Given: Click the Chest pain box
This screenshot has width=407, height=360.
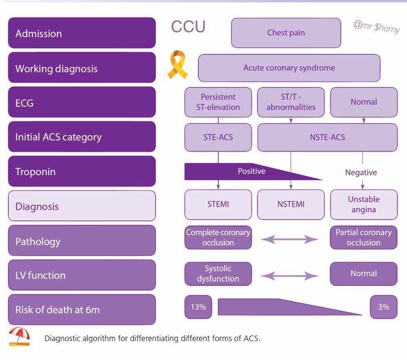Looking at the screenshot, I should point(286,33).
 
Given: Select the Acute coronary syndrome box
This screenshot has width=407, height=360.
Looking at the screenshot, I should point(289,68).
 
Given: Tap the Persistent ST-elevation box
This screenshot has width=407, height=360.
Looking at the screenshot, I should point(218,102).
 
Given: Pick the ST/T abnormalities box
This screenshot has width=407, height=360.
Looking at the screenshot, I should point(291,102).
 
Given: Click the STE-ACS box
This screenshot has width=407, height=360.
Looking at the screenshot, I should point(218,137).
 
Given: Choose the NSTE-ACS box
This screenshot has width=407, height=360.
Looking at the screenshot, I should point(327,137).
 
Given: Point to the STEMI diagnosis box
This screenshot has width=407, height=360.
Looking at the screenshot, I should point(218,205).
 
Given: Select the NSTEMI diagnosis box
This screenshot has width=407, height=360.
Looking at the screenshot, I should point(291,205).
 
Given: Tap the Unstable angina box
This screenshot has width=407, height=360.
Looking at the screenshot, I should point(364,205).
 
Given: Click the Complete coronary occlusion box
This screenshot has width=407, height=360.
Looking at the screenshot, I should point(218,238).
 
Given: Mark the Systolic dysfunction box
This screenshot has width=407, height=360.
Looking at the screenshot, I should point(218,274).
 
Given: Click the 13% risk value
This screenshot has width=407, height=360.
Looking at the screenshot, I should point(198,307).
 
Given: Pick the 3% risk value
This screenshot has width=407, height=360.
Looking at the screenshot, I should point(383,307).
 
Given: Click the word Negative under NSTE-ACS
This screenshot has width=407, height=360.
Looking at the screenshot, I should point(361,172).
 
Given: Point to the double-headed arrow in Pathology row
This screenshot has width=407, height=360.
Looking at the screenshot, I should point(290,240).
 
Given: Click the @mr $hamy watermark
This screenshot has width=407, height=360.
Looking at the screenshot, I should point(376,28).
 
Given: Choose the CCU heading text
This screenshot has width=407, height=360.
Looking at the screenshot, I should point(188,27).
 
